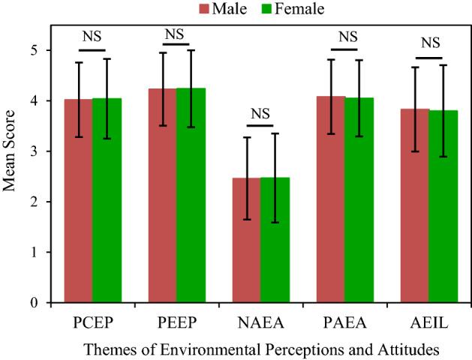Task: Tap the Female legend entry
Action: (x=277, y=9)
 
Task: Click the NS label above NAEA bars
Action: (x=260, y=114)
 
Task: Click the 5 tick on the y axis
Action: (x=45, y=50)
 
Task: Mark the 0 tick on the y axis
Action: (x=45, y=303)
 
